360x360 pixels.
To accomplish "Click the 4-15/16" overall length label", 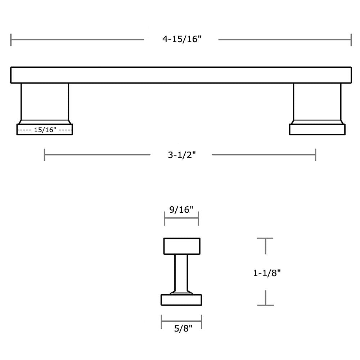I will coord(181,39).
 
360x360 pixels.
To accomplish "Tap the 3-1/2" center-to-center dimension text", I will coord(181,155).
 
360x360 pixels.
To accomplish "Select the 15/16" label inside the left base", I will coord(45,130).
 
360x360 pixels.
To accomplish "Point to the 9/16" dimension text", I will coord(181,210).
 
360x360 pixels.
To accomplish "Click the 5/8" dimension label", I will coord(181,328).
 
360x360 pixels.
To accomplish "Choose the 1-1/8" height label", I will coord(267,273).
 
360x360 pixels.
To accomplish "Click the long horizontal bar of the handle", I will coord(181,75).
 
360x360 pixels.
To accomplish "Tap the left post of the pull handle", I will coord(45,102).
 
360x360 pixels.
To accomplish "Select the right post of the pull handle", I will coord(317,102).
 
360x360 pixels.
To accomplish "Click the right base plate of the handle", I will coord(317,130).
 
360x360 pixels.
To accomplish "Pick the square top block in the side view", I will coord(182,246).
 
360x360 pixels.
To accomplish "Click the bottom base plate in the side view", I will coord(181,300).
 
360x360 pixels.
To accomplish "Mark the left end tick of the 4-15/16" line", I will coord(11,40).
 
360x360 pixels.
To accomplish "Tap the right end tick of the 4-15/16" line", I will coord(351,40).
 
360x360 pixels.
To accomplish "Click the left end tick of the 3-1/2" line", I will coord(45,155).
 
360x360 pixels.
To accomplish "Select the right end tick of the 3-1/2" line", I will coord(316,155).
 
